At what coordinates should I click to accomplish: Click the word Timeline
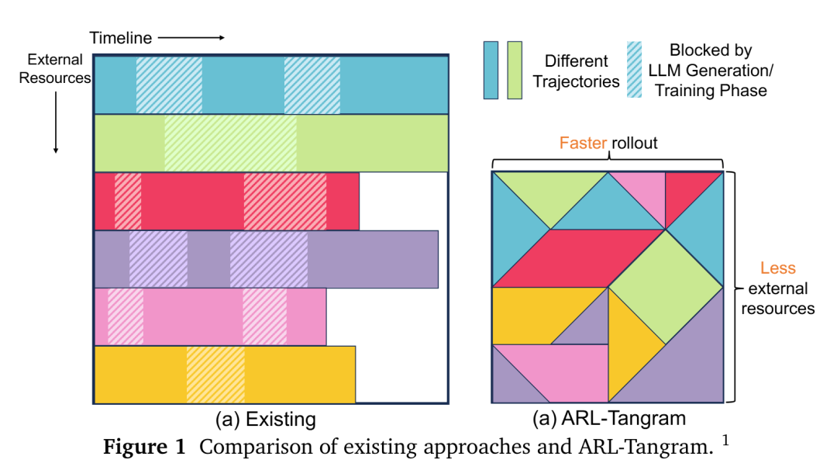[120, 37]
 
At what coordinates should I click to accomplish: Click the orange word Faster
[584, 143]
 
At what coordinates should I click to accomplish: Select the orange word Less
[777, 268]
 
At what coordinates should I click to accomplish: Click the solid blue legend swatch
[491, 71]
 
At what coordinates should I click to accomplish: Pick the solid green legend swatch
[514, 71]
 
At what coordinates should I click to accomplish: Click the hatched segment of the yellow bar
[215, 374]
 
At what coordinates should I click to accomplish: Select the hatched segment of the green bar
[230, 143]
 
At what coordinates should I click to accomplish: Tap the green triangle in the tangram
[550, 192]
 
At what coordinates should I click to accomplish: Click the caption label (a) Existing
[266, 420]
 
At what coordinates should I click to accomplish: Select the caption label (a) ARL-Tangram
[608, 420]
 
